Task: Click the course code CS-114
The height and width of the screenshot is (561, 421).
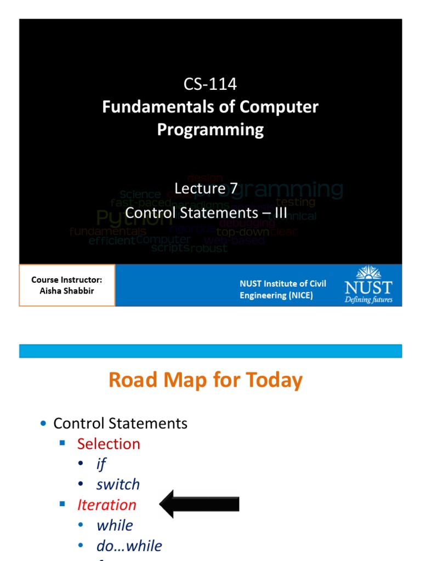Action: pos(210,84)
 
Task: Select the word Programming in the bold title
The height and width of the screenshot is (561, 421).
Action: pos(210,130)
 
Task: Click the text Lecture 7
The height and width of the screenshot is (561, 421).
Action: pos(206,188)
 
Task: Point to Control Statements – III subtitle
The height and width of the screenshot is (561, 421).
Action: pos(206,212)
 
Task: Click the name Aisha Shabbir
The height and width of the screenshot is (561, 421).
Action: pos(67,291)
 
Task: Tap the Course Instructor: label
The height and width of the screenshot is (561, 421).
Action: pos(67,280)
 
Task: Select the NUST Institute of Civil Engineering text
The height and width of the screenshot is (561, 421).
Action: pos(283,289)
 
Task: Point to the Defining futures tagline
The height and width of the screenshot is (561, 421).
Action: pos(368,300)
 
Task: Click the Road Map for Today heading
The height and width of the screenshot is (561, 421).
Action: pos(205,380)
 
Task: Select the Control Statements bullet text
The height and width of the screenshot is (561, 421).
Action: pos(120,423)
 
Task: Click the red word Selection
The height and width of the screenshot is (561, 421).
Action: pos(109,444)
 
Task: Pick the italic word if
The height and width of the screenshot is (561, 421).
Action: pos(101,464)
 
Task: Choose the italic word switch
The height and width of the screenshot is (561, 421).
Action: pos(118,484)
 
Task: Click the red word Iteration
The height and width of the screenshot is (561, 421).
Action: pos(106,505)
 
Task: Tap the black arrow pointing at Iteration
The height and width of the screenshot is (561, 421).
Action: pos(200,504)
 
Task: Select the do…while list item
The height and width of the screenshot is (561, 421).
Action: pos(129,546)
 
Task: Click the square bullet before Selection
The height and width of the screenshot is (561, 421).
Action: pos(62,443)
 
